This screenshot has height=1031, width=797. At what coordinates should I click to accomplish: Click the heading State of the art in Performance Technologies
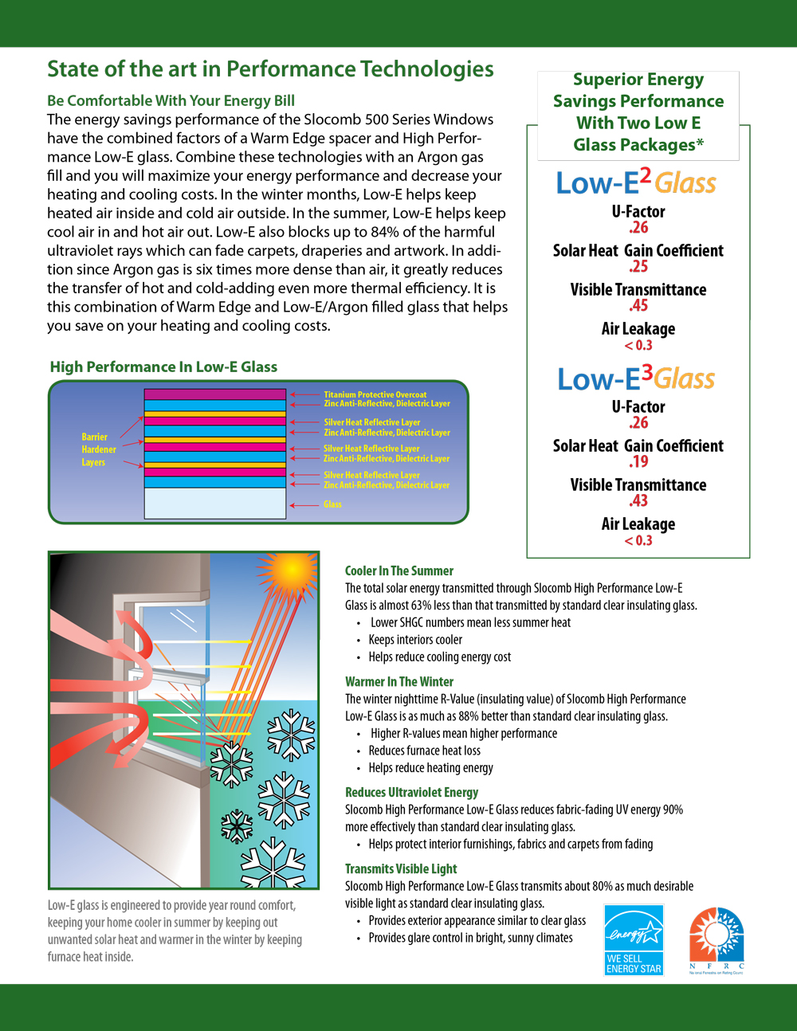coord(270,69)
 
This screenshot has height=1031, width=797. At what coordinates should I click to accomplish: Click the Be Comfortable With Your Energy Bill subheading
coord(171,100)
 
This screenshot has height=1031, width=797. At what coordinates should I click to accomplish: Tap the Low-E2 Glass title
coord(636,182)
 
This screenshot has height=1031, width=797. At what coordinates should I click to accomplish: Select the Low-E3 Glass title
coord(636,378)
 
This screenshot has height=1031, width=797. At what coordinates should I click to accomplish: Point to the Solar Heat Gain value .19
coord(638,462)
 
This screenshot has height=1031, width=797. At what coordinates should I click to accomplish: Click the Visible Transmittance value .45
coord(638,306)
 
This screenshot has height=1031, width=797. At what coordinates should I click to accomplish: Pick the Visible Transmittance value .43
coord(638,501)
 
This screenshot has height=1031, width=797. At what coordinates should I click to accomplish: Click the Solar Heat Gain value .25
coord(638,267)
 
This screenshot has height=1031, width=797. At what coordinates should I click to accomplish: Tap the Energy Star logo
coord(634,939)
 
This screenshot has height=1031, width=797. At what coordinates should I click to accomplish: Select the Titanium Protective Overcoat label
coord(375,394)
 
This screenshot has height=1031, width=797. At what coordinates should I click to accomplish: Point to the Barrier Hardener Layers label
coord(98,449)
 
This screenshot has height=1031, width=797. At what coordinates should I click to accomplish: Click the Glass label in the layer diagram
coord(332,504)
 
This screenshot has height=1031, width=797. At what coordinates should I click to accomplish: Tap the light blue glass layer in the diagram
coord(214,503)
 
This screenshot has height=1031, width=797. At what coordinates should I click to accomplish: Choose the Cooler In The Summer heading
coord(398,570)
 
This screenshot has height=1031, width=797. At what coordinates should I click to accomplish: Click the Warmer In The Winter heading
coord(398,681)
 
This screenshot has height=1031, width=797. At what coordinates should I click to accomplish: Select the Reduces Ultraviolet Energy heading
coord(411,792)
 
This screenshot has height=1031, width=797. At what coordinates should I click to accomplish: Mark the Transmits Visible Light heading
coord(401,868)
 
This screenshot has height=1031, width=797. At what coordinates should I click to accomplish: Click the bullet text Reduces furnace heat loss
coord(424,751)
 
